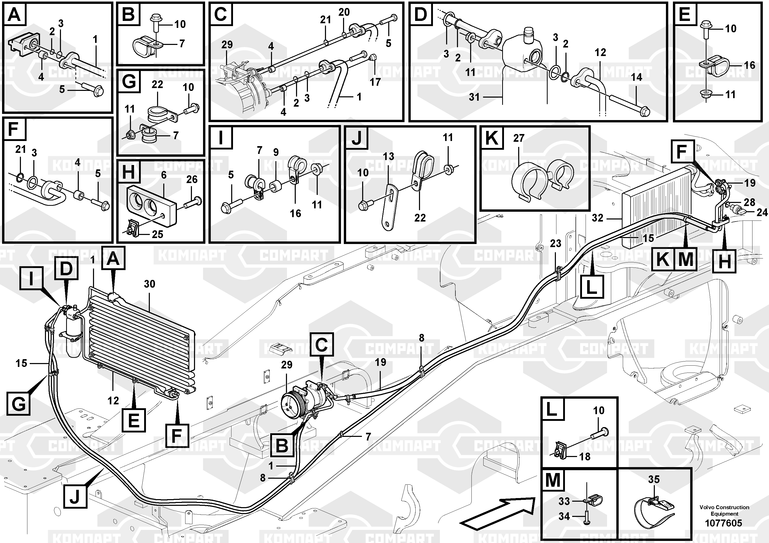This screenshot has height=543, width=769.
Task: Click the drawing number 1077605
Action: point(724,523)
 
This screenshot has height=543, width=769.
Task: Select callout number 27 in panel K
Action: point(518,138)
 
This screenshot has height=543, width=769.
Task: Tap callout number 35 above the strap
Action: point(654,479)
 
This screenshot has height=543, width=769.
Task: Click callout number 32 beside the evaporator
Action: point(597,218)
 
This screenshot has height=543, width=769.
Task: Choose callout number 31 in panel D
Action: point(474,97)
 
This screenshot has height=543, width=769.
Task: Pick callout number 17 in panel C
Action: point(375,82)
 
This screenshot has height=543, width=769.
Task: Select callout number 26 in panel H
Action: point(192,179)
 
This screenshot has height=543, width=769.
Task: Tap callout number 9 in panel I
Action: point(276,152)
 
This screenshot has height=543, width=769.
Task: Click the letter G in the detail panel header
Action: point(129,81)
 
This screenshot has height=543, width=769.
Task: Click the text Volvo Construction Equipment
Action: point(724,510)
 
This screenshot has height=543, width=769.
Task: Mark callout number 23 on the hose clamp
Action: point(555,243)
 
